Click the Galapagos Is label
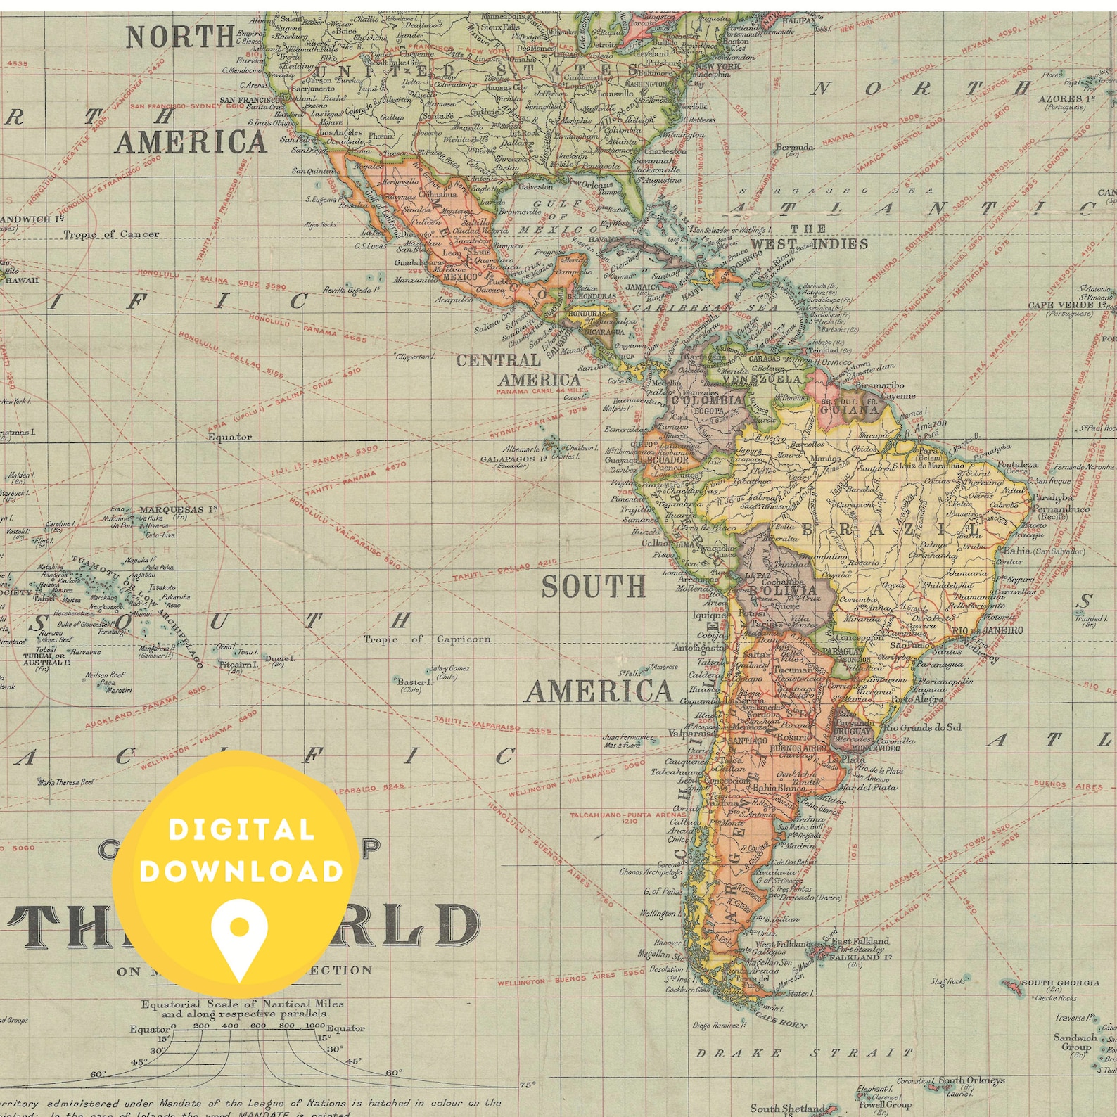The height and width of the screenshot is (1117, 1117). tap(514, 459)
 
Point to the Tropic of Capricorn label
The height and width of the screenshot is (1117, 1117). tap(427, 639)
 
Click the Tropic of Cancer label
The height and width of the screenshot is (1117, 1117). tap(112, 234)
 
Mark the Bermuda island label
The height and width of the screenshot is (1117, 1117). tap(794, 148)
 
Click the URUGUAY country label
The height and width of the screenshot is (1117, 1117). tap(853, 731)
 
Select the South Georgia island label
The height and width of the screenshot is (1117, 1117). tap(1060, 983)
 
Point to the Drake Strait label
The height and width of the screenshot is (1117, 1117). tap(803, 1053)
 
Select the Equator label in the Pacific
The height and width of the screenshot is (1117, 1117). tap(229, 437)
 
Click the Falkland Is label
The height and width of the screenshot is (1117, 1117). tap(860, 957)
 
